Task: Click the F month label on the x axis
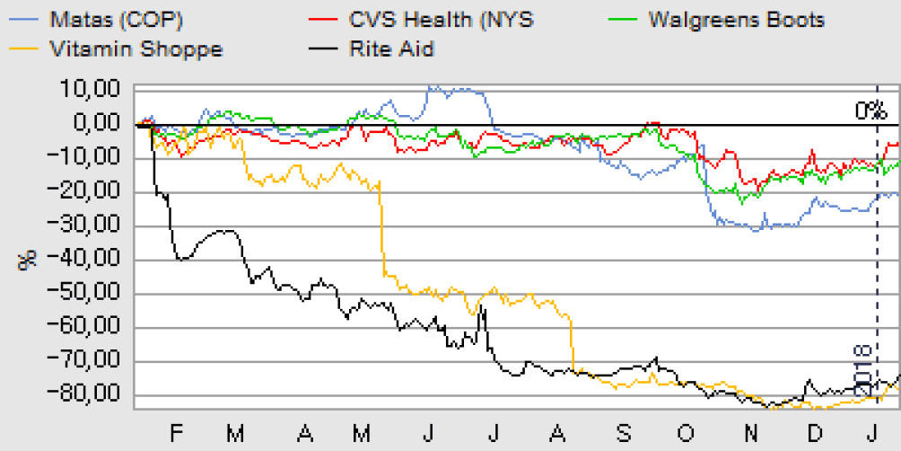(x=176, y=434)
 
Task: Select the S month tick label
(x=623, y=434)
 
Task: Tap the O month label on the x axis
(x=687, y=434)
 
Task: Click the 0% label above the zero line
(x=870, y=111)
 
